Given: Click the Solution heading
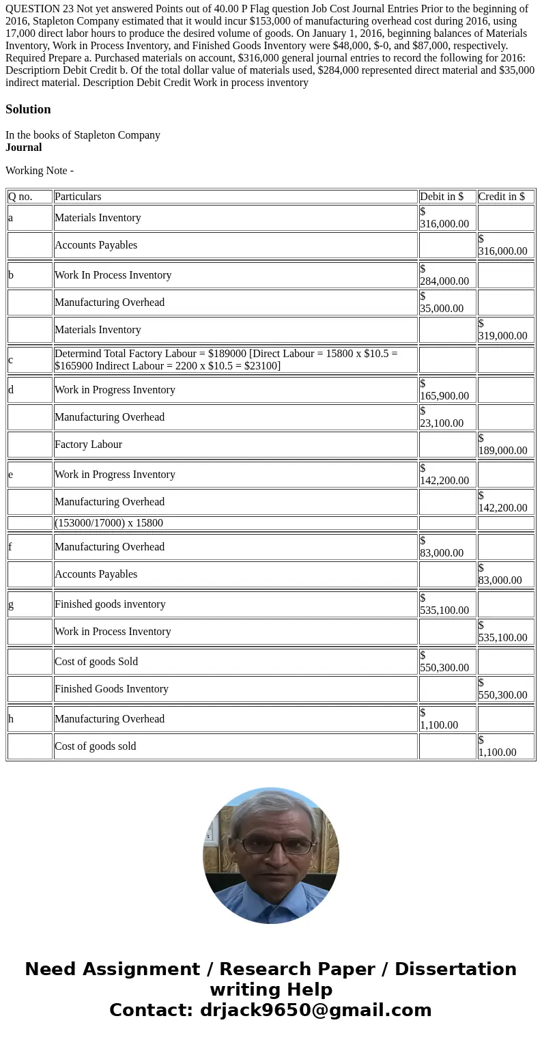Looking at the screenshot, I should coord(28,109).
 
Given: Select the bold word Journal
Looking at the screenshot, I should coord(24,147).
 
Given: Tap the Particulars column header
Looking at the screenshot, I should coord(78,197).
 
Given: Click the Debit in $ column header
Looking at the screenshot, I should coord(442,197).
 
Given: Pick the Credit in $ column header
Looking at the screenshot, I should coord(502,197).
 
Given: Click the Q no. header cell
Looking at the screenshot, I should coord(20,197).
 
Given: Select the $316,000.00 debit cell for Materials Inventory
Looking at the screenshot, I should coord(444,218).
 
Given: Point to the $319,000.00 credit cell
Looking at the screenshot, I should coord(503,330).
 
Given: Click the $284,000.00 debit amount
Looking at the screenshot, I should coord(444,275).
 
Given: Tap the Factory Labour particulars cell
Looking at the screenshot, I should coord(89,445).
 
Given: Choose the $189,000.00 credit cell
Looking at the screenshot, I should coord(503,445).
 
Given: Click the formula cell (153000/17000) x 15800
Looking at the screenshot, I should coord(109,523).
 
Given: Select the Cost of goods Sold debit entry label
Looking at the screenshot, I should coord(96,662).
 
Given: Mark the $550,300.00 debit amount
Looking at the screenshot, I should coord(444,662).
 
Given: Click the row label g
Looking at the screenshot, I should coord(11,604).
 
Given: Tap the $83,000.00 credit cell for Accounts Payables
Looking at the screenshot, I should coord(500,574).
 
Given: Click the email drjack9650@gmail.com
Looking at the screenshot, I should coord(316,1011).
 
